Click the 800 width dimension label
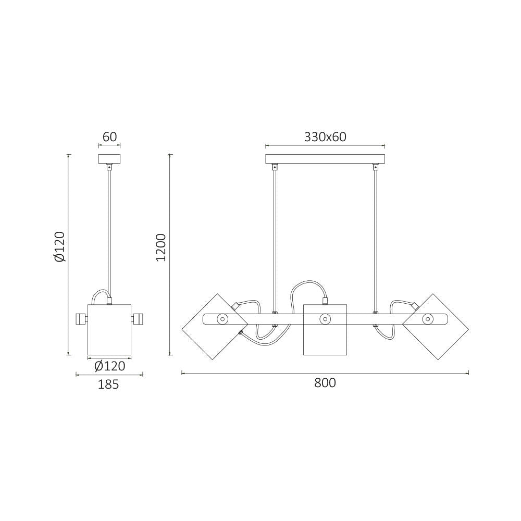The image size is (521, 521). point(325,383)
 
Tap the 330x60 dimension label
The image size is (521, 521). point(325,137)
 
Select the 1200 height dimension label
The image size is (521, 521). point(161,247)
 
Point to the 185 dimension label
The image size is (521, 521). point(108,384)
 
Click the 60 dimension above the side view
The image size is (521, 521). point(109,137)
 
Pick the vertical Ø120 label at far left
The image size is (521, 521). point(60,246)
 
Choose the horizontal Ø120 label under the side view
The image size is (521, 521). point(109,366)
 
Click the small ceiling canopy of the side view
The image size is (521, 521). point(109,159)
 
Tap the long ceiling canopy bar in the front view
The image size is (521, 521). point(325,159)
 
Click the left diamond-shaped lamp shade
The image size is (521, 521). point(215,327)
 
